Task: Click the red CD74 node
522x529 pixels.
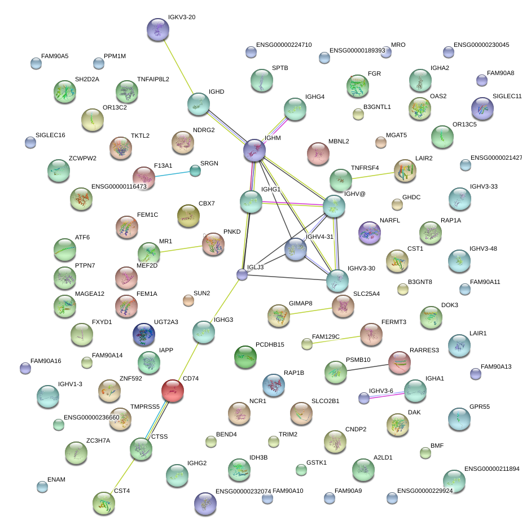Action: click(172, 390)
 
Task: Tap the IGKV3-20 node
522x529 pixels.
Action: click(157, 29)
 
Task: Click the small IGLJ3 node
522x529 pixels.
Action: click(242, 275)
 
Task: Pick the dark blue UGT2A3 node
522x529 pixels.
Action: click(143, 334)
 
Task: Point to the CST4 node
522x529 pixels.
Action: click(104, 502)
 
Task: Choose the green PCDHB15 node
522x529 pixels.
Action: click(245, 356)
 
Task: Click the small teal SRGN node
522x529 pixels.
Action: click(195, 170)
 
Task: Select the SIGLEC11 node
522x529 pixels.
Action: click(482, 108)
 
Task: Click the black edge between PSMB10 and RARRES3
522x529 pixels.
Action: click(367, 367)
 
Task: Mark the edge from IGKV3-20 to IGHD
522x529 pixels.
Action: click(178, 67)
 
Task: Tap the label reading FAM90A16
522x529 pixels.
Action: click(46, 361)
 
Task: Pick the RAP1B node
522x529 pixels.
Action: click(274, 385)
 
